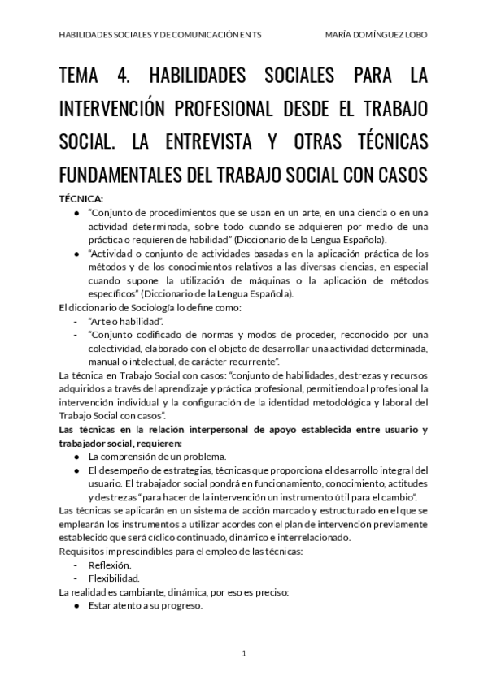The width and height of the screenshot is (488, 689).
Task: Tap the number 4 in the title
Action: point(125,78)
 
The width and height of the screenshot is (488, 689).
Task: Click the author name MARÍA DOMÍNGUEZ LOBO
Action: point(376,35)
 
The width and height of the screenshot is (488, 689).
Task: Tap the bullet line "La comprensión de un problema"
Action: point(157,457)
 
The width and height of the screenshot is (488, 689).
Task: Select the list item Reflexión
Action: point(109,565)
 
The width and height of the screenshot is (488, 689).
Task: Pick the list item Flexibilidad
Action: point(113,579)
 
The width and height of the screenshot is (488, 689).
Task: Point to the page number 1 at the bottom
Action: point(244,653)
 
